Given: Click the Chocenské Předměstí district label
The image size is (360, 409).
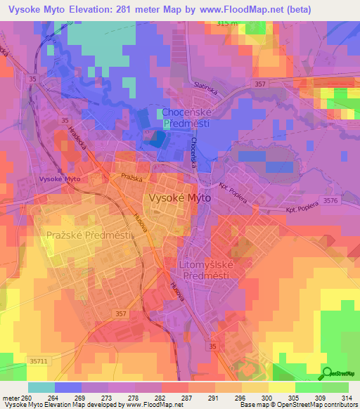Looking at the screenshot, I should [x=188, y=117].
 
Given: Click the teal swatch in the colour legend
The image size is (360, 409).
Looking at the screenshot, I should [x=41, y=387].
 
